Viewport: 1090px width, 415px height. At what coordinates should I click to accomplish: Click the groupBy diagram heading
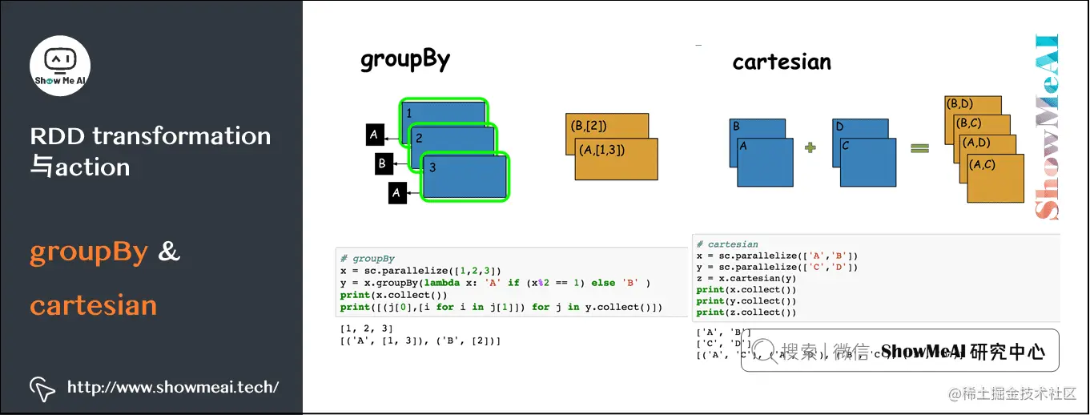coord(405,60)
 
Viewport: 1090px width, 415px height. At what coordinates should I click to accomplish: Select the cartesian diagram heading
coord(782,62)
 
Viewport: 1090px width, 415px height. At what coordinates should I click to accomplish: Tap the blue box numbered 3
coord(465,178)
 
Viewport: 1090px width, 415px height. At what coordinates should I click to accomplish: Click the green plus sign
coord(810,147)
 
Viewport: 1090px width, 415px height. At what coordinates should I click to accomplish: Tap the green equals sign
coord(919,147)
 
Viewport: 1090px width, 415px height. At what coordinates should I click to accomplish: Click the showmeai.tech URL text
coord(172,388)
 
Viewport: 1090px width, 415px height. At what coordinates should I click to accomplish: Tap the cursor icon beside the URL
coord(42,389)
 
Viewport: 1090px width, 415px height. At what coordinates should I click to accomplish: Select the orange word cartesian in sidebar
coord(93,305)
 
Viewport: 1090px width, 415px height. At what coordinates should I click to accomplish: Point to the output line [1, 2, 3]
coord(365,329)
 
